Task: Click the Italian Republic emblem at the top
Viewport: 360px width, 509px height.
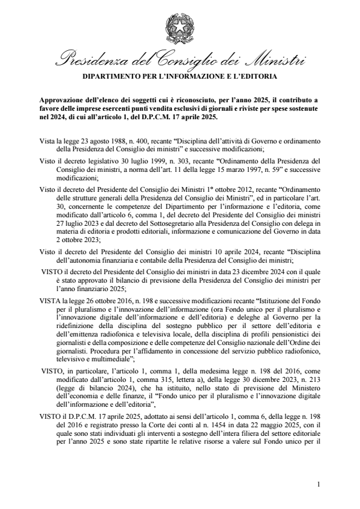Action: [x=179, y=28]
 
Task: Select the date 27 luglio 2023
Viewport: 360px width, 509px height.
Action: [x=78, y=223]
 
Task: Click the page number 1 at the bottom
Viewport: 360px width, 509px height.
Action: [x=318, y=485]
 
